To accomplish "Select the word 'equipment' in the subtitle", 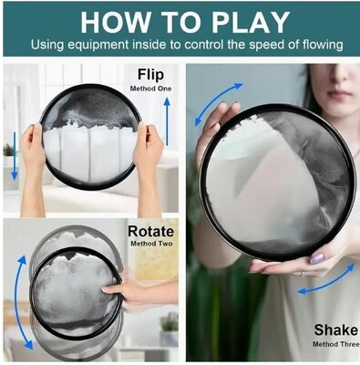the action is pos(98,46).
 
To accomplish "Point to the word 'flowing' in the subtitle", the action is pos(324,45).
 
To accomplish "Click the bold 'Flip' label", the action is pos(150,75).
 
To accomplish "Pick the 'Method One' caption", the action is pos(150,89).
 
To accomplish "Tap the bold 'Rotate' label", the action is pos(150,232).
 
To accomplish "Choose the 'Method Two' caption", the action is pos(151,244).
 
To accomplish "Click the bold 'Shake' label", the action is pos(336,330).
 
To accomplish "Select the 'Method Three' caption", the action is pos(335,344).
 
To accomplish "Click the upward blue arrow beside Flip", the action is pos(167,121).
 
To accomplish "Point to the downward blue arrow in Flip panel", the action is pos(15,156).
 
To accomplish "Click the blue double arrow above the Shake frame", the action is pos(218,104).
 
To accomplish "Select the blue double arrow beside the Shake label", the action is pos(326,280).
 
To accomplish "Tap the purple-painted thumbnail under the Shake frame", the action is pos(317,258).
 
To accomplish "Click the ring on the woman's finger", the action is pos(302,274).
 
